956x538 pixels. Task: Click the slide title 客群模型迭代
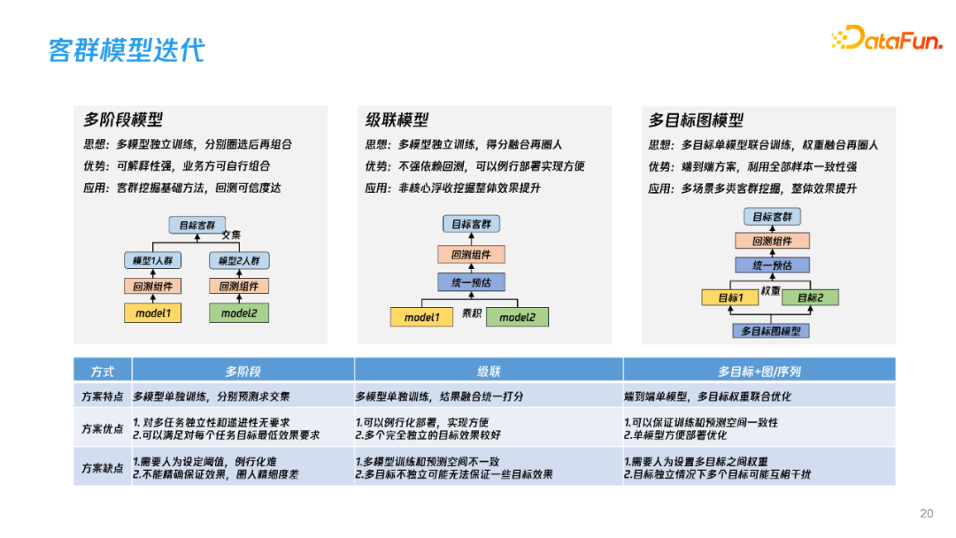[x=126, y=50]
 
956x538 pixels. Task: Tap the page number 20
[x=927, y=513]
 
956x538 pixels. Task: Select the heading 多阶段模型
[x=123, y=120]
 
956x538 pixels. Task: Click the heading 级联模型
[x=397, y=120]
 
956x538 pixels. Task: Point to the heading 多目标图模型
[x=696, y=120]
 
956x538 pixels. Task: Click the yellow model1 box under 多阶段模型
[x=153, y=313]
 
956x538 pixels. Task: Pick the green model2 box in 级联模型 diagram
[x=517, y=317]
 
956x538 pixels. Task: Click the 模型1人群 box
[x=152, y=261]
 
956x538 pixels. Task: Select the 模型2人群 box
[x=239, y=261]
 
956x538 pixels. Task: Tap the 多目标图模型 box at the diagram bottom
[x=770, y=331]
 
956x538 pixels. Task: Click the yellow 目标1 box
[x=730, y=297]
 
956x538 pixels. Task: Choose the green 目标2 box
[x=810, y=297]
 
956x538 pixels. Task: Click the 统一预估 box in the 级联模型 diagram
[x=471, y=282]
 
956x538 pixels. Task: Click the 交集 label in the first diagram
[x=231, y=234]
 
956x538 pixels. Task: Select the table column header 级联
[x=489, y=372]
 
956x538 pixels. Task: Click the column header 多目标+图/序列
[x=759, y=372]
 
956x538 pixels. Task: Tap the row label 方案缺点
[x=102, y=468]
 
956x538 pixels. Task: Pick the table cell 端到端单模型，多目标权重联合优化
[x=708, y=397]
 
